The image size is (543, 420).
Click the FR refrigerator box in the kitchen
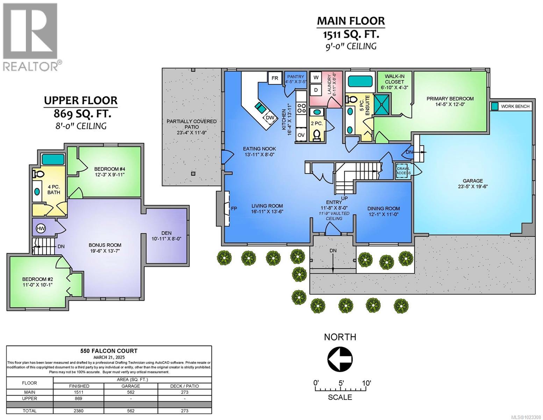pyautogui.click(x=275, y=78)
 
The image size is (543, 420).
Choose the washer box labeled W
pyautogui.click(x=316, y=77)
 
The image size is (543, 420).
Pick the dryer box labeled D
pyautogui.click(x=316, y=90)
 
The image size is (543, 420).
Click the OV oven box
pyautogui.click(x=301, y=135)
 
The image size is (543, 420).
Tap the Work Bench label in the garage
pyautogui.click(x=515, y=106)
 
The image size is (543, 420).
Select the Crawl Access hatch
pyautogui.click(x=403, y=171)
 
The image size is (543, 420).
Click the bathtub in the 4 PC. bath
pyautogui.click(x=53, y=159)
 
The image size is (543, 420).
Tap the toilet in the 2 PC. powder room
pyautogui.click(x=317, y=135)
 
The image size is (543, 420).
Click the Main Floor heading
pyautogui.click(x=351, y=21)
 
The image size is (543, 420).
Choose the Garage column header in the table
pyautogui.click(x=131, y=386)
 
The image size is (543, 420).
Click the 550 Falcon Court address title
pyautogui.click(x=109, y=351)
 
